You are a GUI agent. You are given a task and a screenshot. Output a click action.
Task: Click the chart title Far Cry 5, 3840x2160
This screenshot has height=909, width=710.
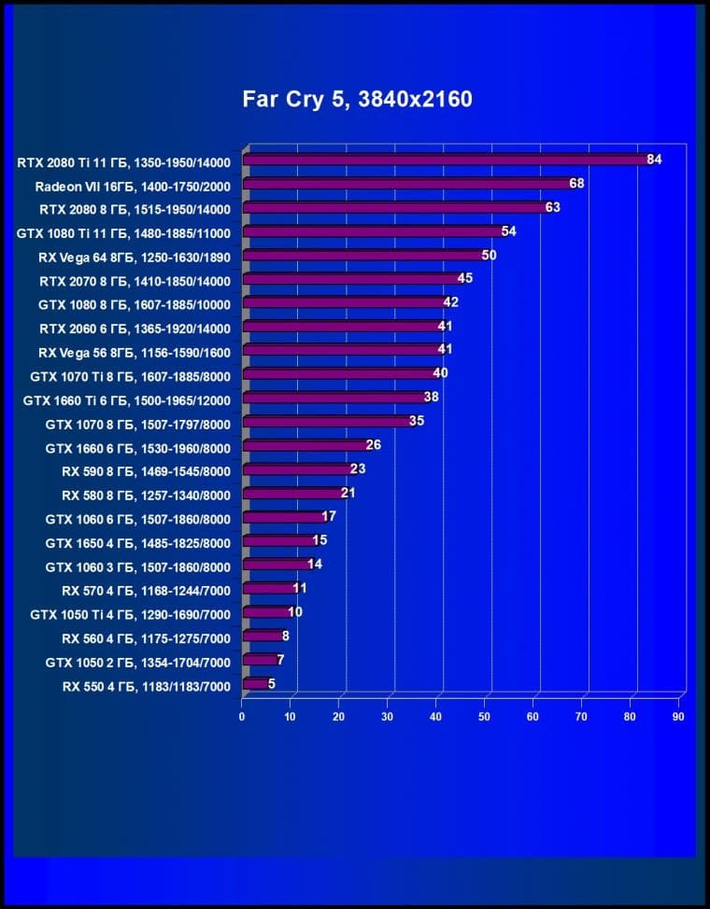(x=357, y=99)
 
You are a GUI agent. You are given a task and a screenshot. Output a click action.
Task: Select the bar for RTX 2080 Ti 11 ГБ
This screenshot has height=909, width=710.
(x=445, y=161)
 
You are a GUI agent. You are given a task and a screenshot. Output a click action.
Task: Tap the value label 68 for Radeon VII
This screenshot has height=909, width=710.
(x=576, y=183)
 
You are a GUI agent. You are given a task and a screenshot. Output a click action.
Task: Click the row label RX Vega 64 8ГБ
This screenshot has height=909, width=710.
(x=140, y=256)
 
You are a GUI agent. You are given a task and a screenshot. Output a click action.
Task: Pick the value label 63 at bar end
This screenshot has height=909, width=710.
(x=552, y=207)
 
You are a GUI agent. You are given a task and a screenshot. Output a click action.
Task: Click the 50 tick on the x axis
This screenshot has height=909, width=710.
(x=485, y=716)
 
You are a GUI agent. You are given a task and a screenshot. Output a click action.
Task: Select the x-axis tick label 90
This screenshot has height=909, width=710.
(x=678, y=716)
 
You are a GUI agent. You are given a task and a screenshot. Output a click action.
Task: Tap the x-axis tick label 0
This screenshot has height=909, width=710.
(x=243, y=716)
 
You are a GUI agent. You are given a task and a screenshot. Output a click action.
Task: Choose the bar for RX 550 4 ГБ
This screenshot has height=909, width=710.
(x=255, y=684)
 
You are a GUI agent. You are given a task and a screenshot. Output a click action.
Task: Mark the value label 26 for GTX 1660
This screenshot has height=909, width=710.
(x=374, y=445)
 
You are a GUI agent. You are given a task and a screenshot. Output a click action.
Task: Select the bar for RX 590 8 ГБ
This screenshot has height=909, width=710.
(x=298, y=469)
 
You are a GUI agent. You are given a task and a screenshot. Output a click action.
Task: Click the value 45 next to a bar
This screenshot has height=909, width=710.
(x=465, y=278)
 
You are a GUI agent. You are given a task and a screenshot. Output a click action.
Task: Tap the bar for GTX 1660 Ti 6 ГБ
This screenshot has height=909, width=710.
(x=334, y=398)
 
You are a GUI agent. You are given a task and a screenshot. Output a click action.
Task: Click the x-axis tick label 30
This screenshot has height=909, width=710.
(x=388, y=716)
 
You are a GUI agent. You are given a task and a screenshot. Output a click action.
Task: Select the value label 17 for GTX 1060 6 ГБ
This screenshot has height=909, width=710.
(x=329, y=517)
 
